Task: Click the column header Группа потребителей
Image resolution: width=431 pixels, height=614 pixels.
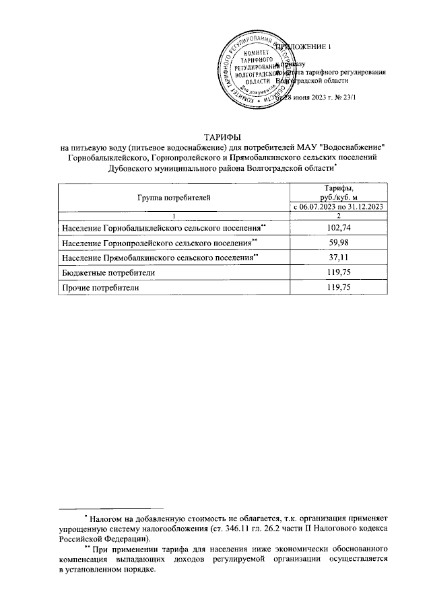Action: click(174, 197)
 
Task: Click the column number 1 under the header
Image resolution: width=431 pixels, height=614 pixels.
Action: click(174, 215)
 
